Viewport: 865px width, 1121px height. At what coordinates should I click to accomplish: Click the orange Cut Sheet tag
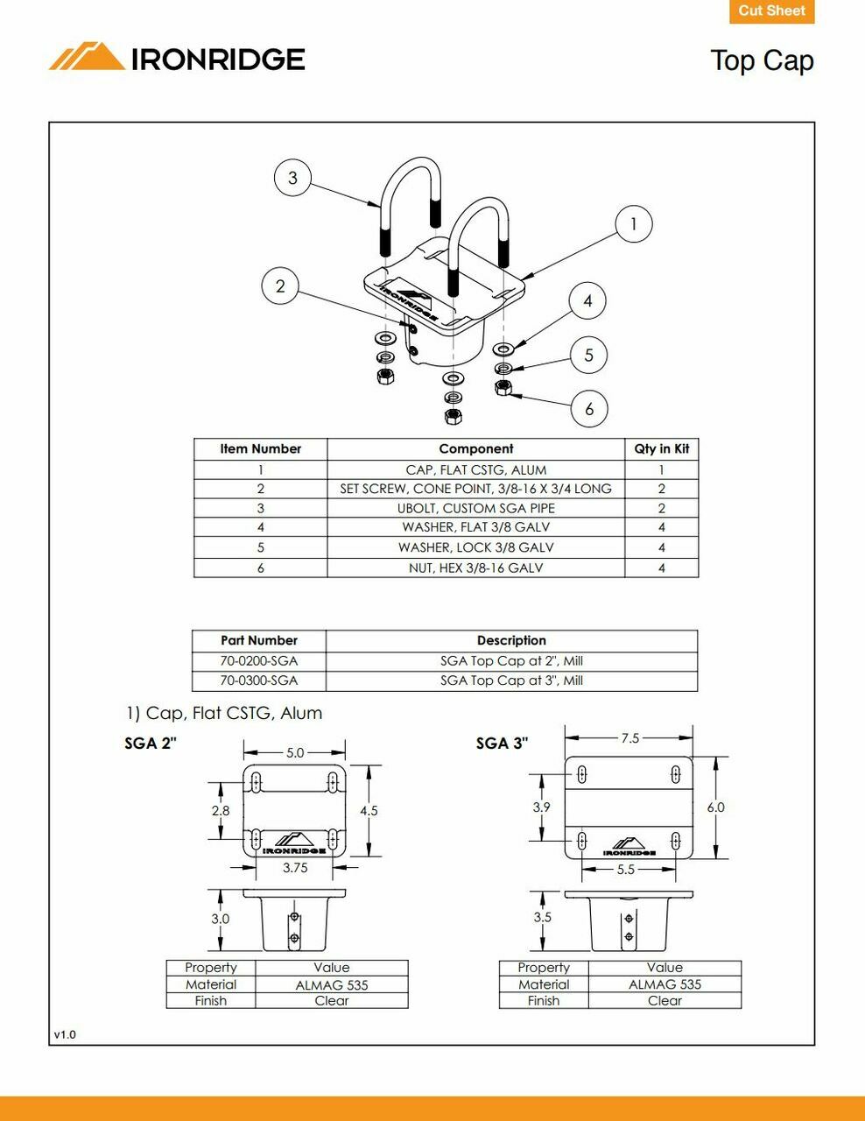pyautogui.click(x=771, y=11)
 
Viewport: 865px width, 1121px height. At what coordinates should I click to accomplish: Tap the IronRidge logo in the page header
pyautogui.click(x=177, y=58)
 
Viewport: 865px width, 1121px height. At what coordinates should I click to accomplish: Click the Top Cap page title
pyautogui.click(x=762, y=60)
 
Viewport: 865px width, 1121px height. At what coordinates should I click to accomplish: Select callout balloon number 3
pyautogui.click(x=292, y=178)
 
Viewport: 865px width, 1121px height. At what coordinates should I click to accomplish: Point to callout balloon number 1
pyautogui.click(x=634, y=224)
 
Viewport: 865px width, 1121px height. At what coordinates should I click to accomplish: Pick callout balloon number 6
pyautogui.click(x=589, y=408)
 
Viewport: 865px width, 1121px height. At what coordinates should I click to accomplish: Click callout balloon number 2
pyautogui.click(x=280, y=286)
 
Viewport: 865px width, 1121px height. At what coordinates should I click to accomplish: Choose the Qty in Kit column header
pyautogui.click(x=661, y=448)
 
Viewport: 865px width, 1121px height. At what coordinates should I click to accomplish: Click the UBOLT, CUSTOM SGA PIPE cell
pyautogui.click(x=475, y=508)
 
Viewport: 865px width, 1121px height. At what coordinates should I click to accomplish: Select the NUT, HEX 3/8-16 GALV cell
pyautogui.click(x=475, y=568)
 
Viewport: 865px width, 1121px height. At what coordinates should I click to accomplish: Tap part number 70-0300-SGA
pyautogui.click(x=259, y=680)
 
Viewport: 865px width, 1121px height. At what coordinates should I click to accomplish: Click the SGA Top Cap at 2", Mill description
pyautogui.click(x=511, y=661)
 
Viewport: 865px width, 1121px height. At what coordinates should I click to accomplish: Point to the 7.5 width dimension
pyautogui.click(x=630, y=738)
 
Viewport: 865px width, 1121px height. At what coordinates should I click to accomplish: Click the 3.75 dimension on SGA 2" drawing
pyautogui.click(x=295, y=868)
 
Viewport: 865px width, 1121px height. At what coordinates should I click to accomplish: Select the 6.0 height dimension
pyautogui.click(x=715, y=807)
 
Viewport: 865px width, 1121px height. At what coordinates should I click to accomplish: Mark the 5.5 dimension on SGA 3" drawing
pyautogui.click(x=625, y=870)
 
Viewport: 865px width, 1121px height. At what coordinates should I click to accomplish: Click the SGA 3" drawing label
pyautogui.click(x=502, y=744)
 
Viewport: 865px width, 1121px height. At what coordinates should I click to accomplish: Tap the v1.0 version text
pyautogui.click(x=65, y=1034)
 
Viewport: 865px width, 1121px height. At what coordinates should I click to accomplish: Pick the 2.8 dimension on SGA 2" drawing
pyautogui.click(x=221, y=811)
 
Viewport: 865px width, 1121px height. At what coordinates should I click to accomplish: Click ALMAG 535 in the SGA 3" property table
pyautogui.click(x=665, y=984)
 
